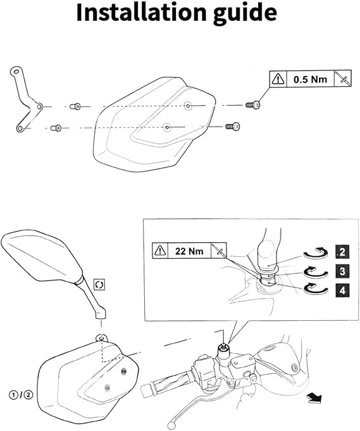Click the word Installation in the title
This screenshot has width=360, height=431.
pos(141,13)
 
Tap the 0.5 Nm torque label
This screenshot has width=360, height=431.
pos(310,80)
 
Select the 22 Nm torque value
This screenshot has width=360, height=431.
pos(189,251)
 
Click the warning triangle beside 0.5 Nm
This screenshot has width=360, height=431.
pos(278,79)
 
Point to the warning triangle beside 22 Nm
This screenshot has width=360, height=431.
pos(160,251)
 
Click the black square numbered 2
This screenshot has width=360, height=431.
pos(342,251)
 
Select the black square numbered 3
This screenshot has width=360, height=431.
pos(342,271)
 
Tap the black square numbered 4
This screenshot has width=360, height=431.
pos(342,290)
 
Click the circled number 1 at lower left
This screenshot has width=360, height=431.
pos(14,395)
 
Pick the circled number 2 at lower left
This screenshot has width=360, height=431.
pos(28,395)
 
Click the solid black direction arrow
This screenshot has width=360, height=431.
pos(314,397)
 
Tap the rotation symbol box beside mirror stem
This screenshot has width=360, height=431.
pos(99,285)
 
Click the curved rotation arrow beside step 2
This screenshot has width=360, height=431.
pos(316,253)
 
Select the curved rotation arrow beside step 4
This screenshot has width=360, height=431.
pos(316,289)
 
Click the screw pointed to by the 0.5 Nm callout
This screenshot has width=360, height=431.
pos(253,105)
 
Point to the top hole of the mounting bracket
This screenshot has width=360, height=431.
pos(16,72)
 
